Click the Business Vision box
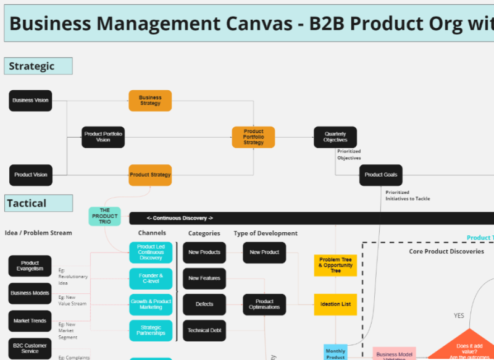[x=31, y=100]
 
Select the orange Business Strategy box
[x=150, y=101]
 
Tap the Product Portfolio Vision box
[x=103, y=137]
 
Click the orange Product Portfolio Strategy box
[x=253, y=137]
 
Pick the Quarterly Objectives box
[x=335, y=137]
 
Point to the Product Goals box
[x=381, y=175]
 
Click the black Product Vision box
[x=31, y=175]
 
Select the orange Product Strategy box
[x=150, y=175]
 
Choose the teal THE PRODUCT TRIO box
[x=105, y=216]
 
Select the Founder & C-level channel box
[x=151, y=278]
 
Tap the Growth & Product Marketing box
[x=151, y=304]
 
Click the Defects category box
[x=204, y=304]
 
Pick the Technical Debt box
[x=204, y=330]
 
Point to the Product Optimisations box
[x=264, y=304]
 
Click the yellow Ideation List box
[x=336, y=304]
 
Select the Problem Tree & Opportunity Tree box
[x=336, y=266]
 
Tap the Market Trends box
[x=30, y=321]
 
